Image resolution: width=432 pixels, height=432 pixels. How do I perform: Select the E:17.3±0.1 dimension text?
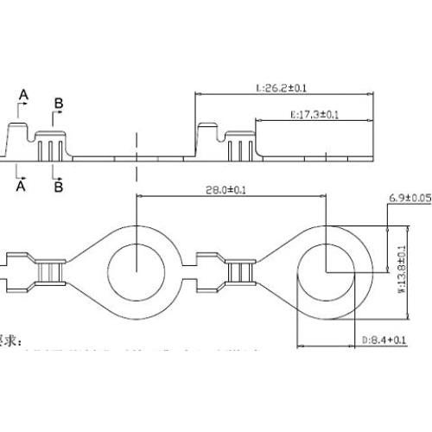[314, 114]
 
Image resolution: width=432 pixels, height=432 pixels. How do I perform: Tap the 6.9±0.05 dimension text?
[409, 198]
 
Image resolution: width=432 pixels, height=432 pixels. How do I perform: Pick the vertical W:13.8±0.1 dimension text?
[401, 270]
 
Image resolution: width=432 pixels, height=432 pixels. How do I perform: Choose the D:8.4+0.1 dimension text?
[383, 340]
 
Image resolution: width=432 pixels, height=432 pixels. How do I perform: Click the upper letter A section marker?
[23, 93]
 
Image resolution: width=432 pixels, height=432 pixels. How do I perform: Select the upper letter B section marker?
[58, 104]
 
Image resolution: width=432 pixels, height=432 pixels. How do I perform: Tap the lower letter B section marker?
[58, 184]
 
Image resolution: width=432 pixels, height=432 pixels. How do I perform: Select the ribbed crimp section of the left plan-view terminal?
[50, 272]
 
